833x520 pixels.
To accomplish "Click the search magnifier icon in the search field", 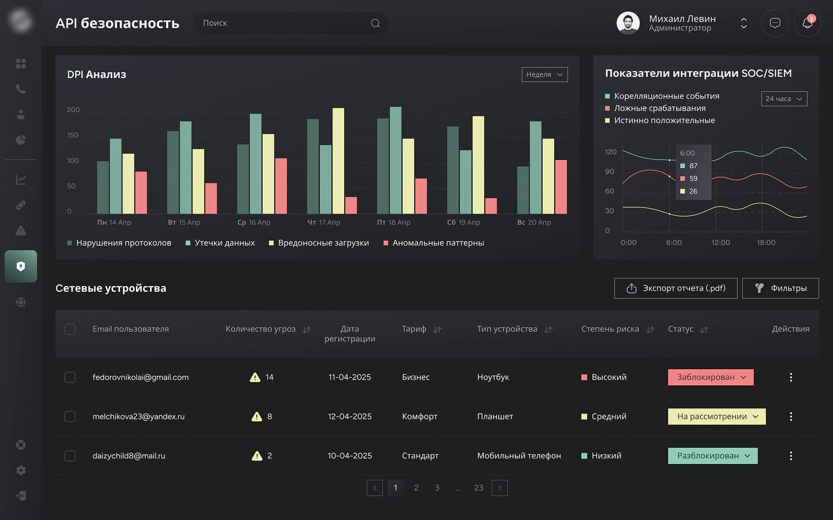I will click(375, 23).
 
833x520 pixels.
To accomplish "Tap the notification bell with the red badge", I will click(807, 23).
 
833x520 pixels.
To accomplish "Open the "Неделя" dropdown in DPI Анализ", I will click(544, 75).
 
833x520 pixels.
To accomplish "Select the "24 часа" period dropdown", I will click(784, 99).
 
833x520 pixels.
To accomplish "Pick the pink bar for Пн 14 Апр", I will click(141, 192).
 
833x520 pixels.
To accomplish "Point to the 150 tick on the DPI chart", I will click(73, 135).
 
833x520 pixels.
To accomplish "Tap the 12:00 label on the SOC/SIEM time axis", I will click(721, 243).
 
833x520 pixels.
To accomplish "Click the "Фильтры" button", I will click(780, 288).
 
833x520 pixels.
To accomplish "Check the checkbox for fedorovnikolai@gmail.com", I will click(70, 377).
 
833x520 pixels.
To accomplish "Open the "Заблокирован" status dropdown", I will click(711, 377).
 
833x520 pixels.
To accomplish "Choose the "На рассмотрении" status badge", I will click(717, 417).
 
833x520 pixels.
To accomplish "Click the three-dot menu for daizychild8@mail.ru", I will click(791, 456).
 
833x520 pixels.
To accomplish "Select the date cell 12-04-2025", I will click(350, 417).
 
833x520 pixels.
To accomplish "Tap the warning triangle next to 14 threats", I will click(255, 377).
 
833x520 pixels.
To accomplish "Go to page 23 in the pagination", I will click(478, 488).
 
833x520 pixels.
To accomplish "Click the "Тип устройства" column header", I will click(507, 329).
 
